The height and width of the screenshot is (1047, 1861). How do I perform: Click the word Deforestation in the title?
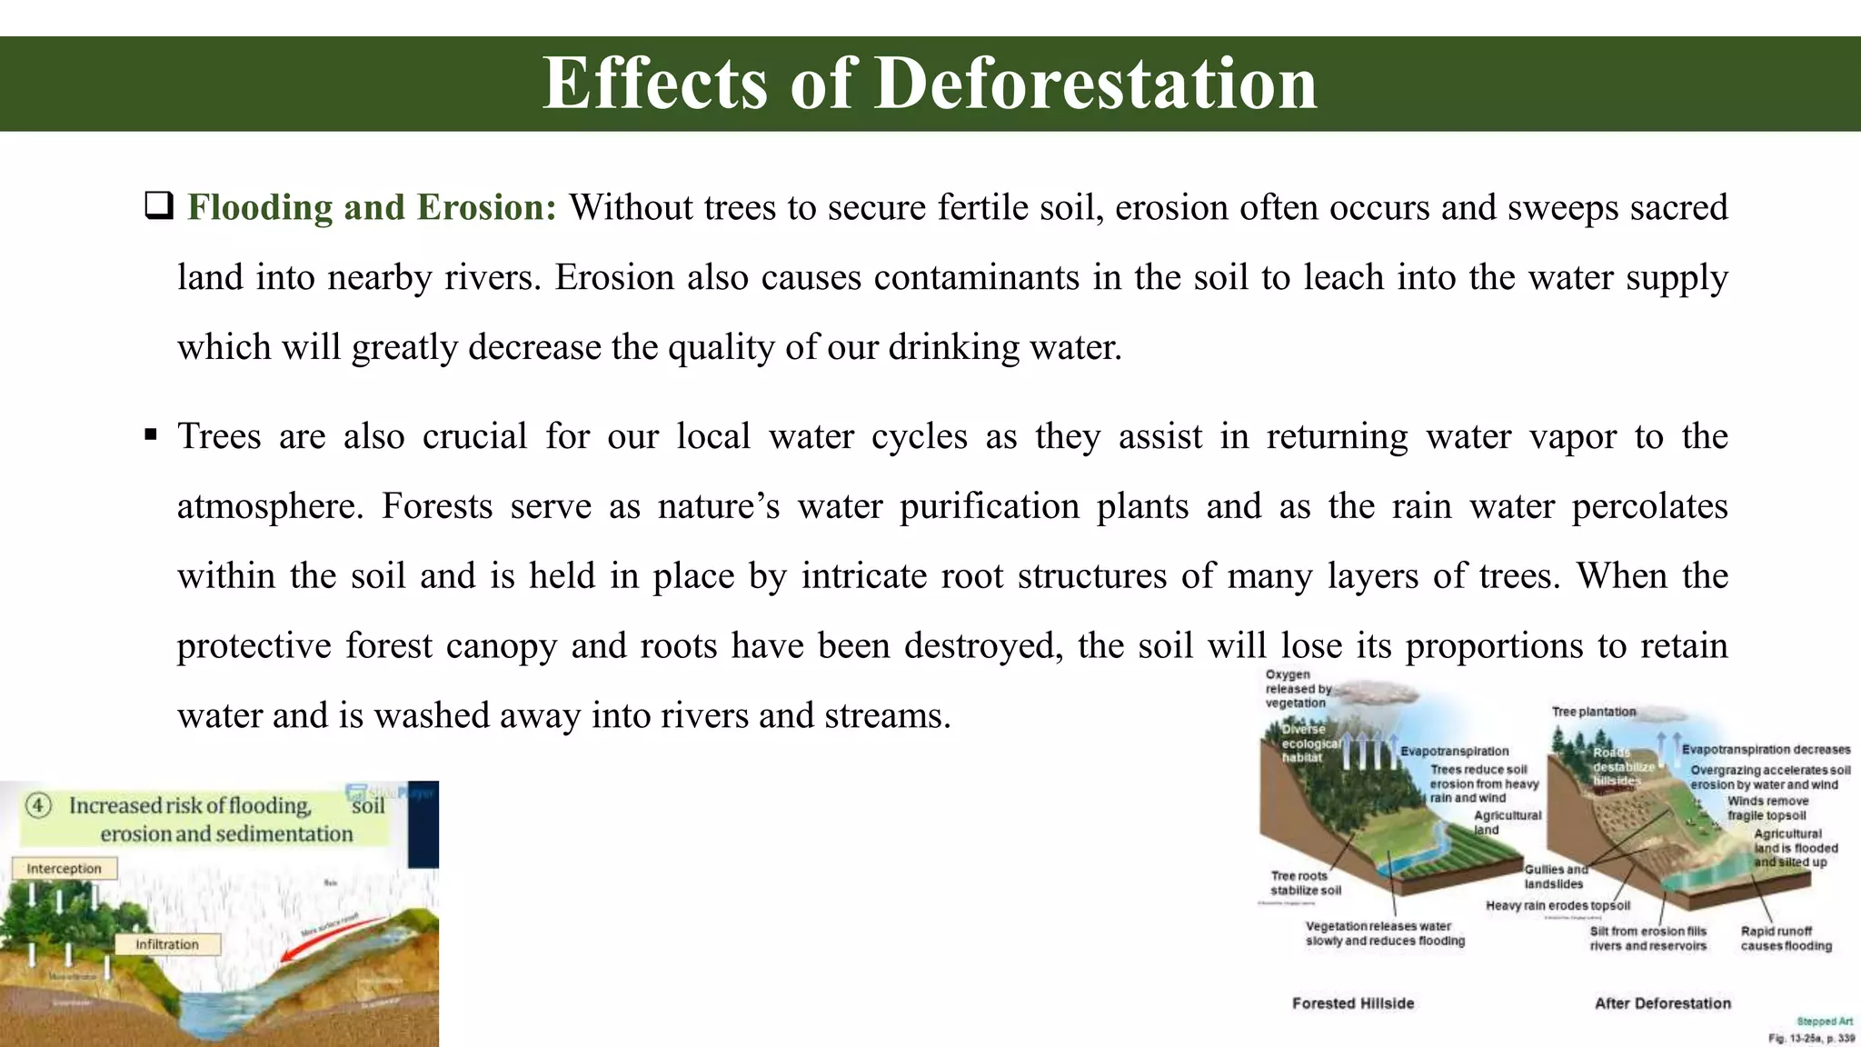1095,84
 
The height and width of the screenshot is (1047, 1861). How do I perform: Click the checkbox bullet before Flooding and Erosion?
158,207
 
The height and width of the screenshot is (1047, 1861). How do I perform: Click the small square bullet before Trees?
151,435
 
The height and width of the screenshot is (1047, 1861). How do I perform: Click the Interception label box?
64,869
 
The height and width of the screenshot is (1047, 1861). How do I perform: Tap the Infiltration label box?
167,944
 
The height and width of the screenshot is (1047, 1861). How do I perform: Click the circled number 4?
38,806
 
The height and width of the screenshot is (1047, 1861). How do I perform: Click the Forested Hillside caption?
1353,1003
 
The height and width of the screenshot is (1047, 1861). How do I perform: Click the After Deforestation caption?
1662,1003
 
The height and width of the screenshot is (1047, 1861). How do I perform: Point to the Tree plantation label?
1594,712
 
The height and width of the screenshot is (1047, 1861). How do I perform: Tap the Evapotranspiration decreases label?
1766,750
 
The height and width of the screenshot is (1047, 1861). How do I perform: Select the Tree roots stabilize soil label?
1305,882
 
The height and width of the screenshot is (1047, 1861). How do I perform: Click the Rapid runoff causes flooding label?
1786,938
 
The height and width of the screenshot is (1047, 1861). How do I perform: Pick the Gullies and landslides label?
1554,876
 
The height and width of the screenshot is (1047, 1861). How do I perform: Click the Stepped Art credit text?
1825,1022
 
